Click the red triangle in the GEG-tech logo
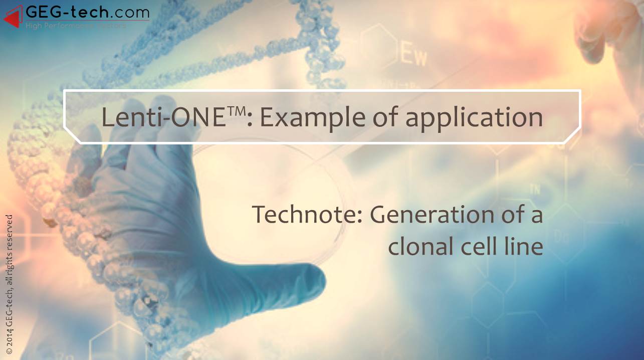(x=14, y=18)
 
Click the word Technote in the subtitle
(x=307, y=215)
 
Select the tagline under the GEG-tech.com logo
(x=75, y=25)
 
